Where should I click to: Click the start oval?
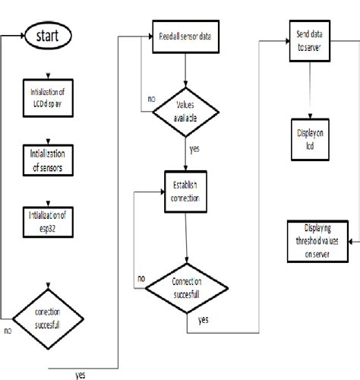49,36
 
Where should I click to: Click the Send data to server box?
305,40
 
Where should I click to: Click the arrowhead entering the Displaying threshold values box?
349,240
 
